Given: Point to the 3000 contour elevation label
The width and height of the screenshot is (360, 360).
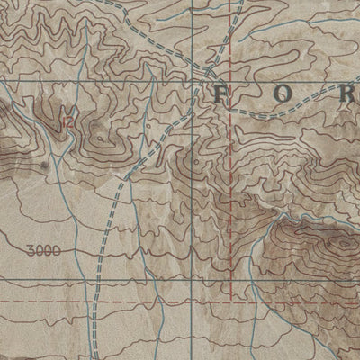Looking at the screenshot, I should pos(44,251).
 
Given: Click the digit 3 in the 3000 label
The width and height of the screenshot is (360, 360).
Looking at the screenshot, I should pos(32,251).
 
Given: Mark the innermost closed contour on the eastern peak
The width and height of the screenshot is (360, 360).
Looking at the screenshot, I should pos(343,242).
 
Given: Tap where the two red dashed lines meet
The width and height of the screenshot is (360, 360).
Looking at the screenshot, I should pos(231,301).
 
